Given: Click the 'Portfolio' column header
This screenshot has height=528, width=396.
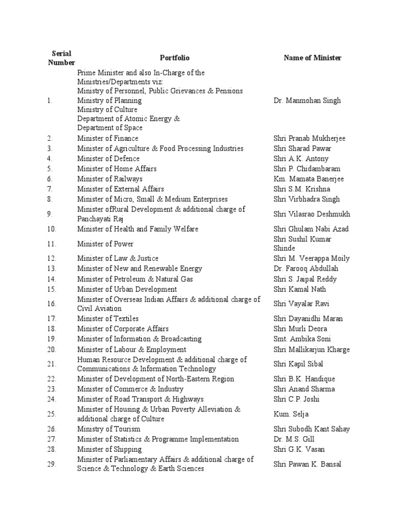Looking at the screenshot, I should coord(174,58).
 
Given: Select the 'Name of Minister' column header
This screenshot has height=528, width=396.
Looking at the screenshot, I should coord(312,58).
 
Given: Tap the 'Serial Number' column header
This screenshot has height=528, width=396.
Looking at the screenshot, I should coord(61,58).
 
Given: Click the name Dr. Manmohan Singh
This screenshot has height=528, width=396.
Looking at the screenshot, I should coord(307,101).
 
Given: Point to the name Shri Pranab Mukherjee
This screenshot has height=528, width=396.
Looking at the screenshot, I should coord(309,138).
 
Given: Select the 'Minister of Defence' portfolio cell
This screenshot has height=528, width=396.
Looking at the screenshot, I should coord(108,158).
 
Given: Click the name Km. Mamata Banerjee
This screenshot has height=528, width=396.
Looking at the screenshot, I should coord(308,179).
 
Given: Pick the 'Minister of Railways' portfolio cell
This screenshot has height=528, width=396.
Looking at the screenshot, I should coord(110,179).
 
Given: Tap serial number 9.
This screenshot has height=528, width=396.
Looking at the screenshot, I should coord(49,214).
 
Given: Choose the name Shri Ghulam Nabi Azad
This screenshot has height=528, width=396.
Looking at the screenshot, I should coord(311,229).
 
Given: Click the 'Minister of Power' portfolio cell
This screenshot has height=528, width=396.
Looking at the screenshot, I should coord(105,244).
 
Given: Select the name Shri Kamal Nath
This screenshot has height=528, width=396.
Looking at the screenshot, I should coord(300,289).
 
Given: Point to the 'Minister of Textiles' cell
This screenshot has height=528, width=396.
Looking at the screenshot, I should coord(108,319).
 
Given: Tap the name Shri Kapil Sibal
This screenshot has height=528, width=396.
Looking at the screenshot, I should coord(299,364).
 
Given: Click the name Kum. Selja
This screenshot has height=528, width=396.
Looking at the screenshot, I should coord(291,414).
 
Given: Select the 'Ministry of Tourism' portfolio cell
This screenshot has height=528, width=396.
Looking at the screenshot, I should coord(108,429).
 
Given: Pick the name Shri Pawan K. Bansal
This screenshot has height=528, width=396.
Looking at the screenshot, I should coord(307,464).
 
